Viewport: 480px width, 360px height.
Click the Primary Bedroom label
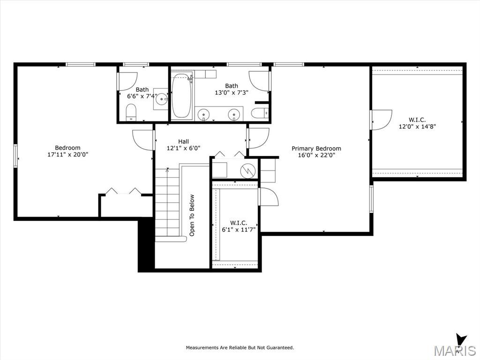(316, 149)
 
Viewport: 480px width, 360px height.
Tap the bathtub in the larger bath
(181, 96)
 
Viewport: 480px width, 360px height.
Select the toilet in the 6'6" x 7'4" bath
(131, 112)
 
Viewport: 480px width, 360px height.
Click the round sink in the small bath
(161, 99)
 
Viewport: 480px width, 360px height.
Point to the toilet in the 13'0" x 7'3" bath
(260, 113)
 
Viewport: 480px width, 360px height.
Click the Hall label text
(183, 142)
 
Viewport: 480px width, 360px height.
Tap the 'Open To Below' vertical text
(192, 215)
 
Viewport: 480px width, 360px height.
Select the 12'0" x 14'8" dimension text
(417, 126)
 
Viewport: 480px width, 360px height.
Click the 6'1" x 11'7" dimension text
(239, 229)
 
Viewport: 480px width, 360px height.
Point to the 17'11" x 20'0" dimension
(67, 155)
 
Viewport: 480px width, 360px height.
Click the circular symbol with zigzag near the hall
(247, 171)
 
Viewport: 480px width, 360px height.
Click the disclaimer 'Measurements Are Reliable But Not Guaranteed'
(240, 347)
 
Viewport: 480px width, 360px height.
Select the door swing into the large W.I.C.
(382, 120)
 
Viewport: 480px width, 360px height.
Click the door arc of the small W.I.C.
(269, 196)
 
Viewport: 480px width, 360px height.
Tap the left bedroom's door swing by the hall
(142, 140)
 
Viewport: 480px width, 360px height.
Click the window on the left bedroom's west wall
(15, 156)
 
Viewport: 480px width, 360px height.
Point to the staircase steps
(167, 202)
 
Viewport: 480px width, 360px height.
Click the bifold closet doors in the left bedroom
(123, 191)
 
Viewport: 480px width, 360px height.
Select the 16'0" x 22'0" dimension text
(316, 155)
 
